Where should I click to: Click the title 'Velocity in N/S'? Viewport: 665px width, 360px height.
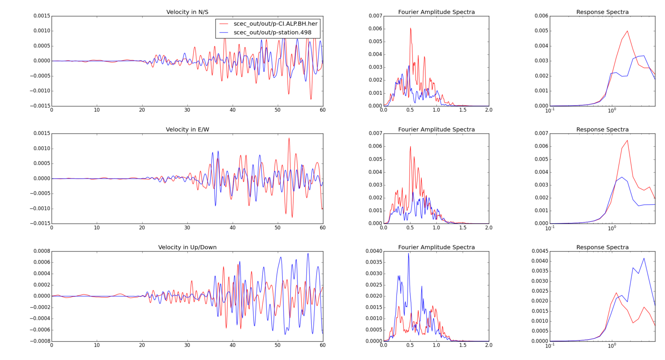point(187,12)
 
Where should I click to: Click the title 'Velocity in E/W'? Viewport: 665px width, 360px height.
point(187,130)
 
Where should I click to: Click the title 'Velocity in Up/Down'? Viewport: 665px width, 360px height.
point(187,247)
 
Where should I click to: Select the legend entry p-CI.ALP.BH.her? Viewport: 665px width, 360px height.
point(275,24)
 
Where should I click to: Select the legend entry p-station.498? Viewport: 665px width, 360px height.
point(272,32)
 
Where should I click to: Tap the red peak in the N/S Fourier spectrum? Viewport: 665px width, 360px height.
point(410,28)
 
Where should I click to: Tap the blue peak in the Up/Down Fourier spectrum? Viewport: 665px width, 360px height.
point(409,253)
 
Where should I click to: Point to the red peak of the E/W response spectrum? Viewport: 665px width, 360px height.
point(627,141)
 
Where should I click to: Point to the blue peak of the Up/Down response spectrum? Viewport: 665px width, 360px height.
point(644,258)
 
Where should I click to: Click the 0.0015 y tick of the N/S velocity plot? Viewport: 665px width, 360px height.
point(42,16)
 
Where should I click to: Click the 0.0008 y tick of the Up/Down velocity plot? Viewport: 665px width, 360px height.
point(42,251)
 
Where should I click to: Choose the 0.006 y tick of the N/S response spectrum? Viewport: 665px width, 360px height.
point(541,16)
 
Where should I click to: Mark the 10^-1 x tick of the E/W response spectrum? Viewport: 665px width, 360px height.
point(549,228)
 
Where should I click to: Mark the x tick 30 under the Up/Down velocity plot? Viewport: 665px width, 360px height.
point(187,345)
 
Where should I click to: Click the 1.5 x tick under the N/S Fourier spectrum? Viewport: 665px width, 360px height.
point(463,110)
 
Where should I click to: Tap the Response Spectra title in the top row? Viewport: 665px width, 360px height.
point(602,12)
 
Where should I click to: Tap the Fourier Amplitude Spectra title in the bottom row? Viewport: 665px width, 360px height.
point(436,247)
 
